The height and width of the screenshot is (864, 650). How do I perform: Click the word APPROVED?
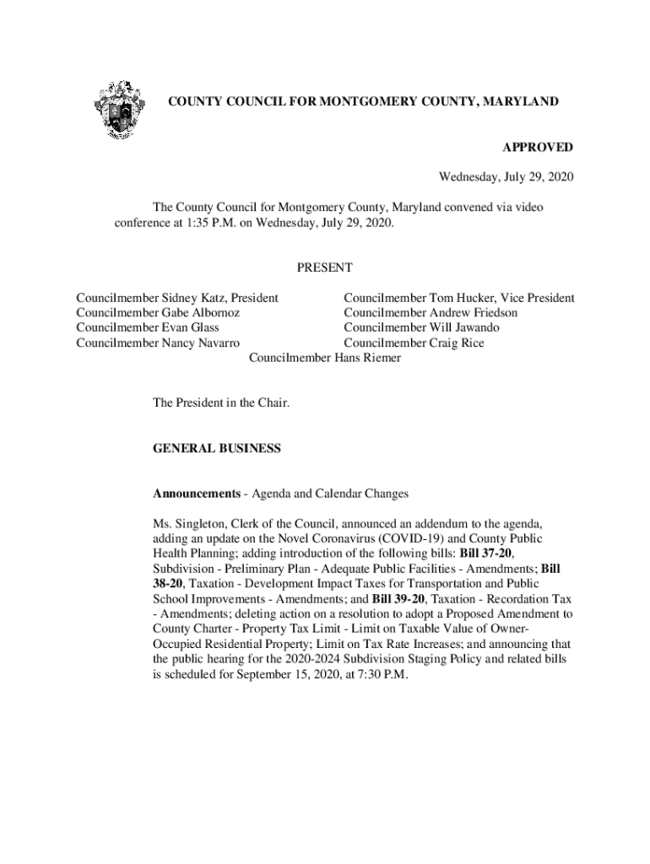click(x=538, y=148)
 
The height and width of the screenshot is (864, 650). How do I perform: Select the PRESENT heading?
click(x=324, y=268)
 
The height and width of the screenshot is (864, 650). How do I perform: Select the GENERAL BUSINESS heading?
click(x=216, y=450)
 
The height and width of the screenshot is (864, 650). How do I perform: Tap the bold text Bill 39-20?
click(x=397, y=598)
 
